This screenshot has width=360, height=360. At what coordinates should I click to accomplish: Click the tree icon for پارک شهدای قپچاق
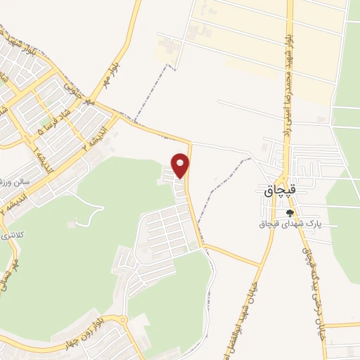pos(288,213)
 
